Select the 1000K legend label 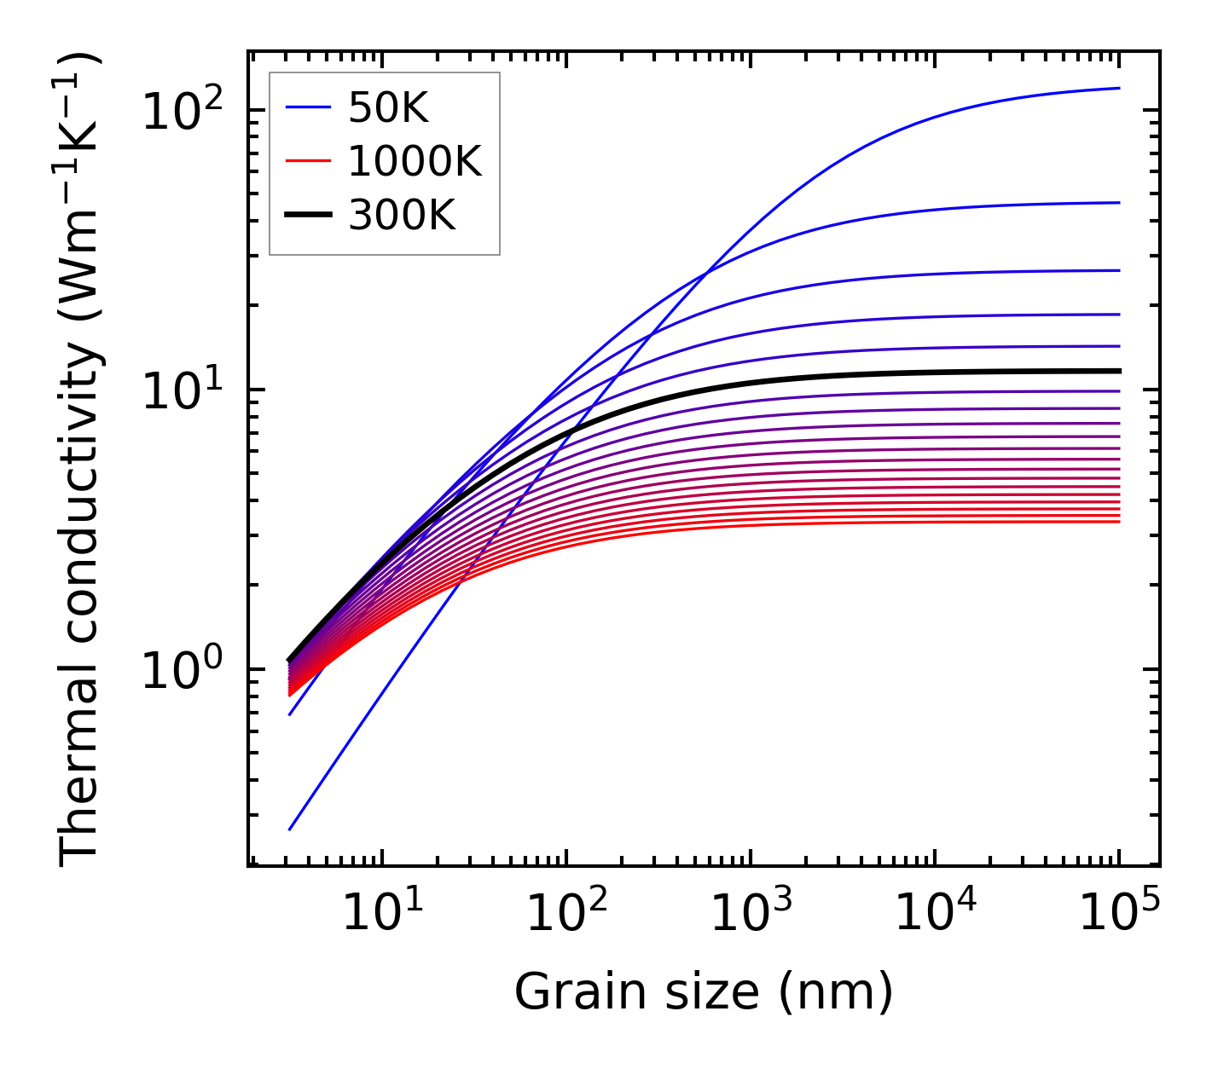click(415, 161)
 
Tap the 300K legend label click(402, 216)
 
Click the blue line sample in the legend click(307, 107)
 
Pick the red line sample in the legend click(307, 161)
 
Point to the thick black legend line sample click(307, 216)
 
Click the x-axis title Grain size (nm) click(704, 991)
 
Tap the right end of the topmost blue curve click(1119, 88)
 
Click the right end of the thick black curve click(1119, 371)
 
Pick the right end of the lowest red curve click(1119, 521)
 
